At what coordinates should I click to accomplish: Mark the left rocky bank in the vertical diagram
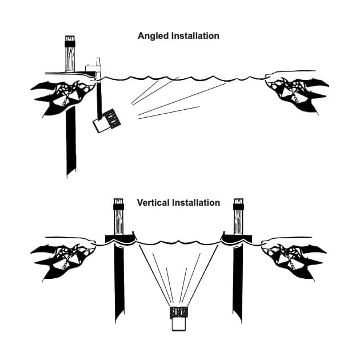(60, 255)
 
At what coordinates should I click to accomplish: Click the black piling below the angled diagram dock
(71, 143)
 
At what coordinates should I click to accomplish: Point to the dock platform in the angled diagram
(63, 73)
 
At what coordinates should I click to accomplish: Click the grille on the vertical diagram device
(179, 312)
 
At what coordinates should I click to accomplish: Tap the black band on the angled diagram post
(70, 43)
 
